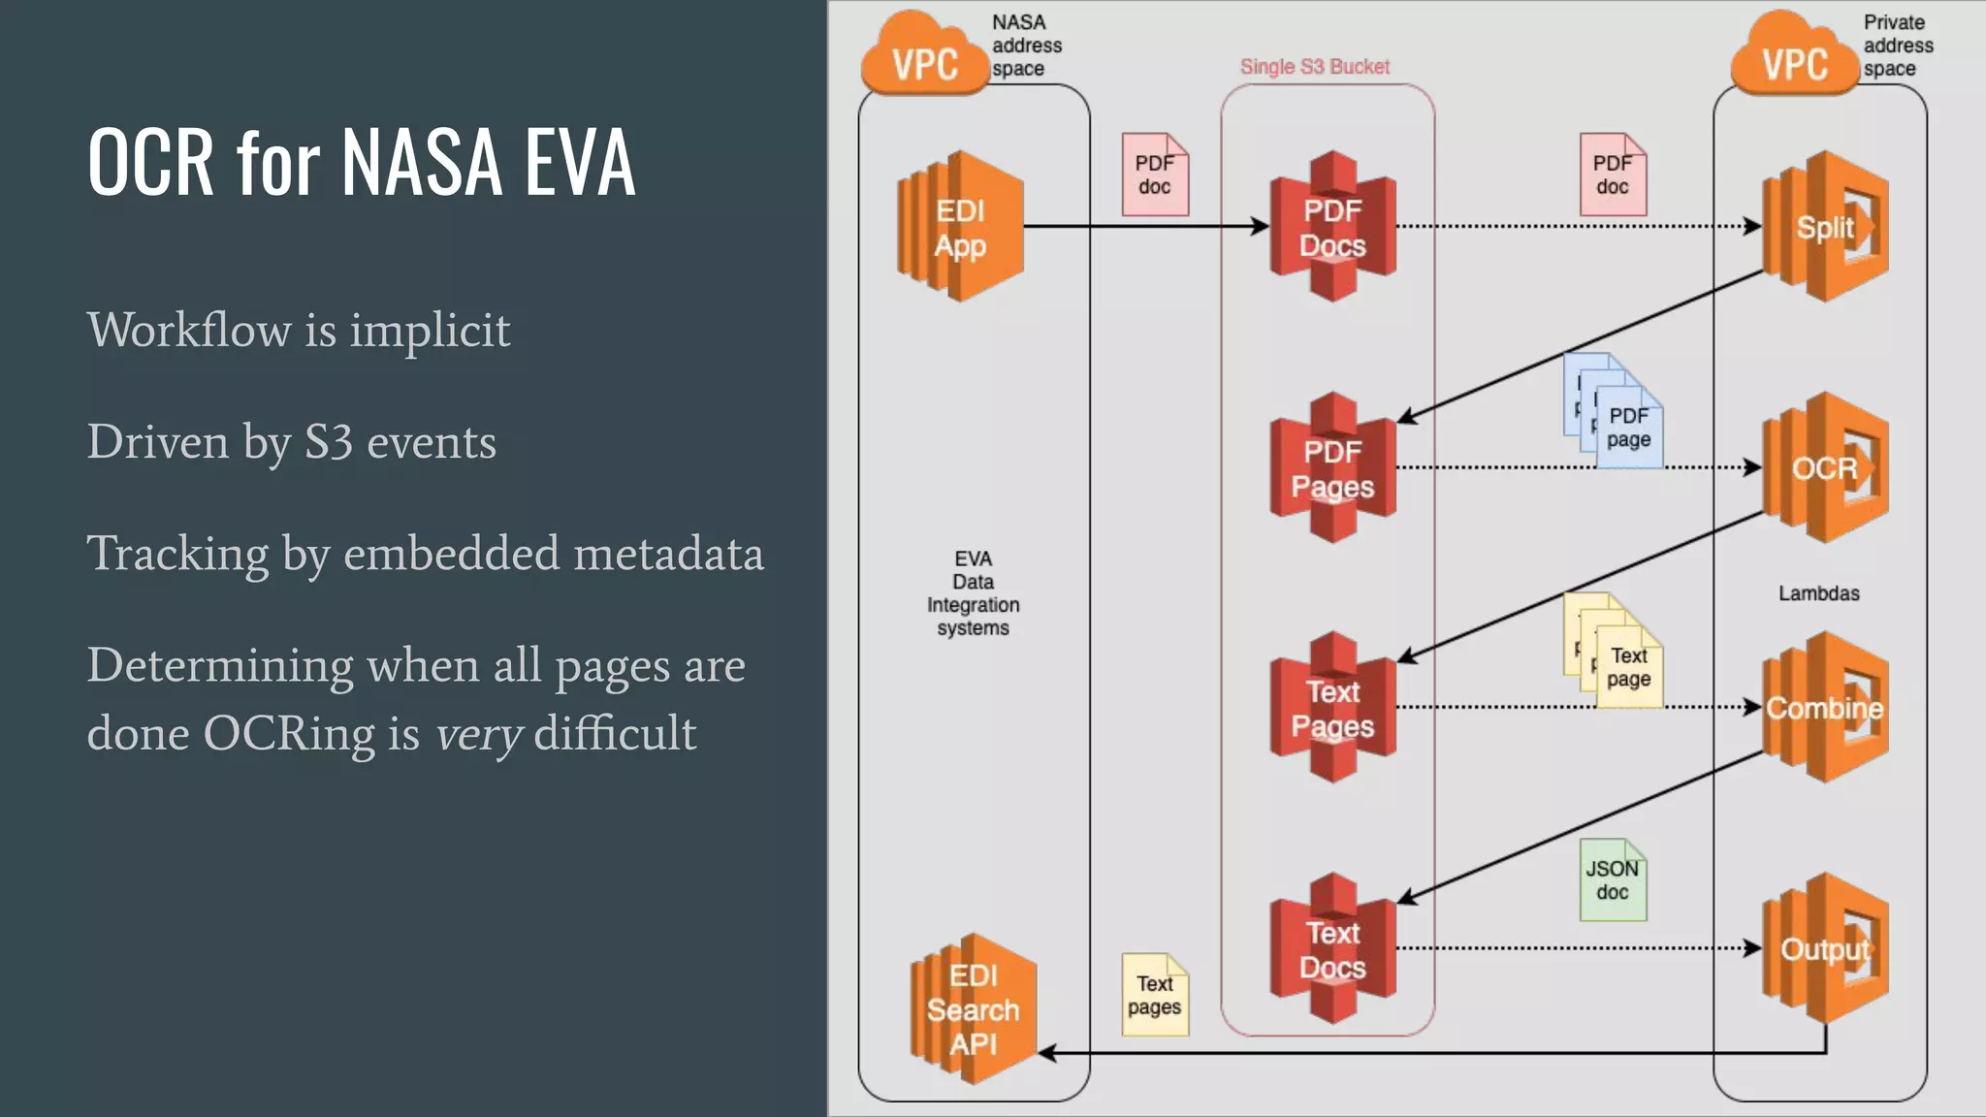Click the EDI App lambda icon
tap(960, 227)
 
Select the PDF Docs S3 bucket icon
tap(1332, 227)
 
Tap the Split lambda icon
tap(1825, 227)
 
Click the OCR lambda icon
tap(1825, 467)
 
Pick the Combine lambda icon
tap(1825, 708)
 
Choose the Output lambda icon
tap(1825, 948)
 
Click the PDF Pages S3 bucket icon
tap(1332, 467)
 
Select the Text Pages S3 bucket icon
tap(1332, 708)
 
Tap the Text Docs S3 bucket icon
tap(1332, 948)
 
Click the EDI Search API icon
tap(973, 1009)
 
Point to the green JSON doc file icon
tap(1613, 880)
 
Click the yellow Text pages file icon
tap(1154, 995)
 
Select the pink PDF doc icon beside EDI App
tap(1154, 175)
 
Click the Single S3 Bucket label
tap(1314, 67)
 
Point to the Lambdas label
tap(1818, 593)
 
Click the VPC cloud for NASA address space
tap(924, 60)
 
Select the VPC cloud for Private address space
tap(1794, 60)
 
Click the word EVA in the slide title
tap(579, 162)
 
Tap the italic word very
tap(479, 734)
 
